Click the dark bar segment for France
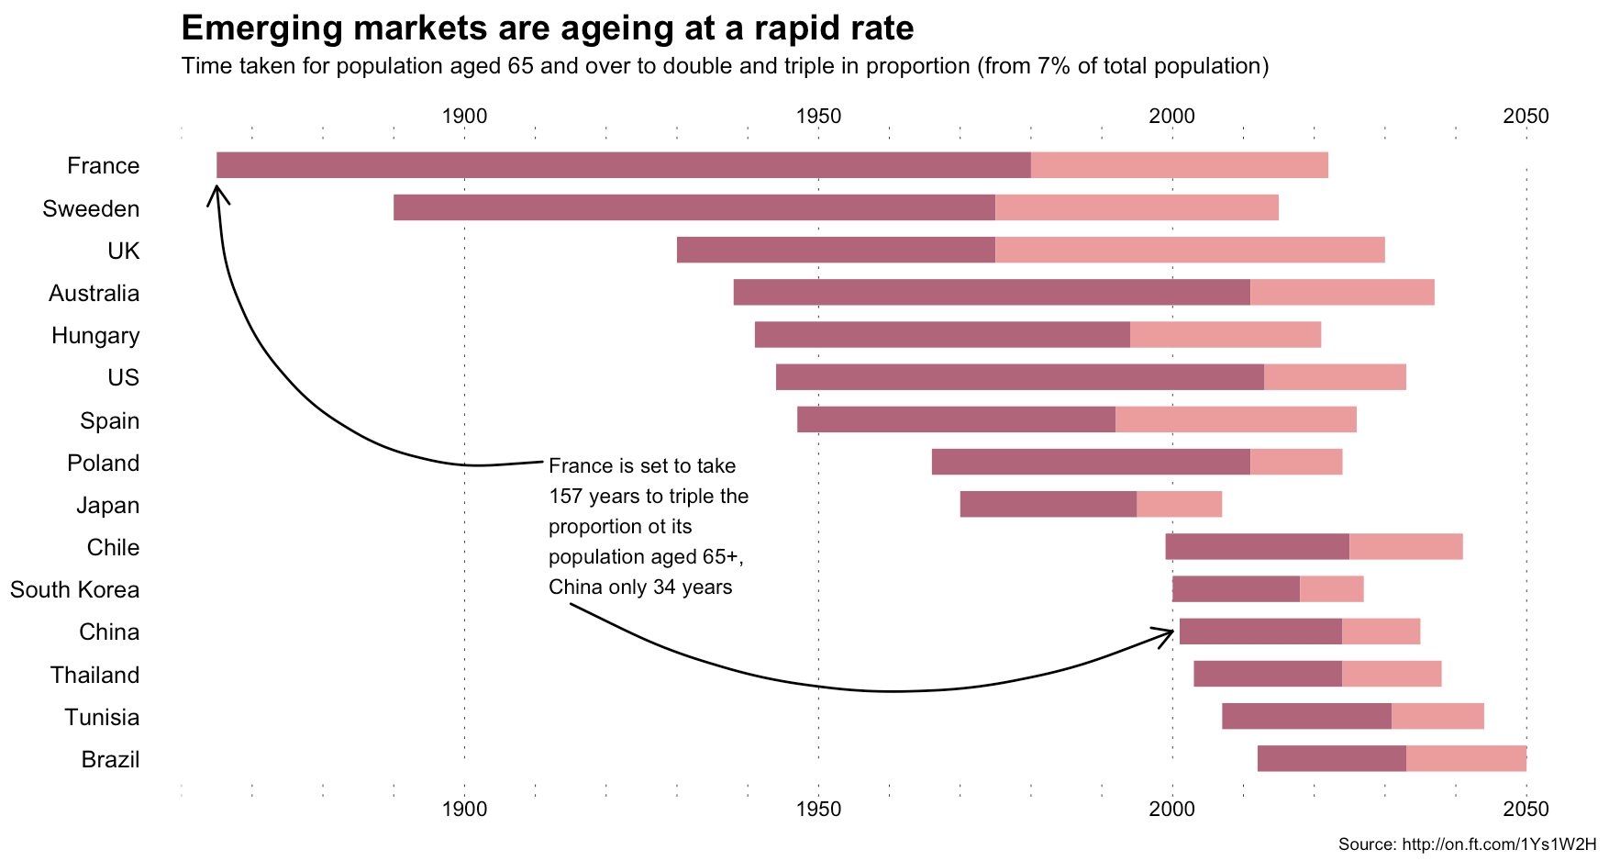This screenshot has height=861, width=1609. (624, 165)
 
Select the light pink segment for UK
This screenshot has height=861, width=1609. (1190, 250)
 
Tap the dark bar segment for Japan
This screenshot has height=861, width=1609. (1049, 504)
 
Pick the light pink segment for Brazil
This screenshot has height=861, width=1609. (1466, 759)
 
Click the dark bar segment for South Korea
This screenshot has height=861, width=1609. (1236, 589)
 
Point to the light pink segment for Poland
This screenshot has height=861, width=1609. (1296, 462)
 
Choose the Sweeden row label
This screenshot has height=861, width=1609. (91, 209)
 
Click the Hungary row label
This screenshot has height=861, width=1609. (95, 336)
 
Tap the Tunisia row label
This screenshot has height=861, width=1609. (102, 718)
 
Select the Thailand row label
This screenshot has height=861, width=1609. (95, 676)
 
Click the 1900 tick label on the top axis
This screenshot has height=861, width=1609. (464, 117)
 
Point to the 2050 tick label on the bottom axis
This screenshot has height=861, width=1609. (1526, 810)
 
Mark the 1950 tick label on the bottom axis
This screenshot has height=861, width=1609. (818, 810)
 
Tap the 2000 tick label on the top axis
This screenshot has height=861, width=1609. (1171, 117)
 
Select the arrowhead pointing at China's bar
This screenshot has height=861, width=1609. (1167, 632)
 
